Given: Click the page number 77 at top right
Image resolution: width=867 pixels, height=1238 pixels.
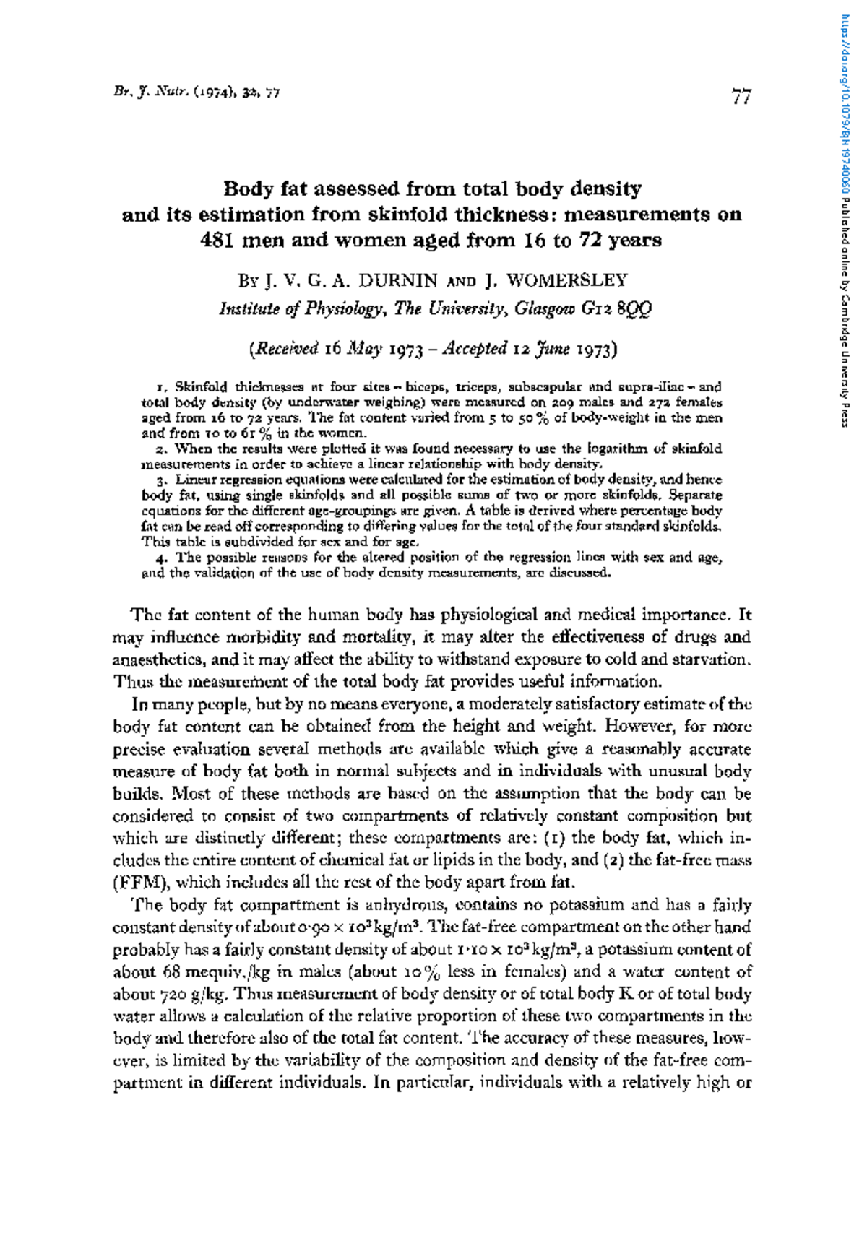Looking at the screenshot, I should point(741,96).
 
